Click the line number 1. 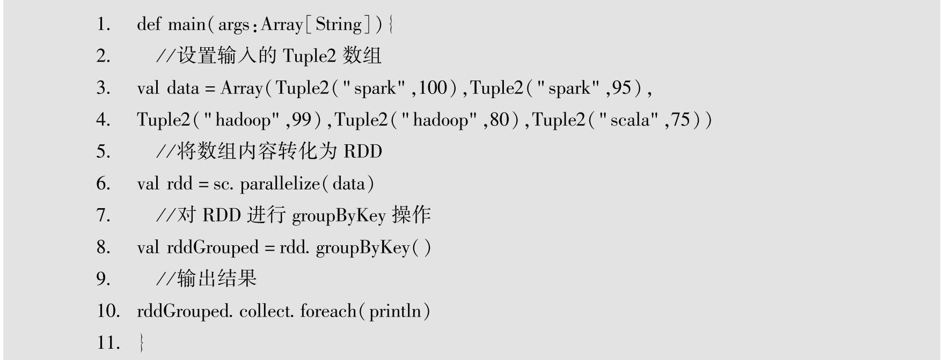pos(103,24)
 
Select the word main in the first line pos(186,24)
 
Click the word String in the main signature pos(339,24)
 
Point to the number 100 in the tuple pos(433,87)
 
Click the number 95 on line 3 pos(621,87)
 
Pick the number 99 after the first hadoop pos(302,119)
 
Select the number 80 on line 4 pos(499,119)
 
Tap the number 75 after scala pos(680,119)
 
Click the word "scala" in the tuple pos(630,119)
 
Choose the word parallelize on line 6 pos(280,183)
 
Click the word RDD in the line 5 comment pos(363,151)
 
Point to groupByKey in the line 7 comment pos(339,216)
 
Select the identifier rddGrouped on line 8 pos(213,247)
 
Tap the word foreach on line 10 pos(328,311)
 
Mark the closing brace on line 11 pos(141,342)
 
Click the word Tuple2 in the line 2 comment pos(309,56)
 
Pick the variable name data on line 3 pos(183,87)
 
